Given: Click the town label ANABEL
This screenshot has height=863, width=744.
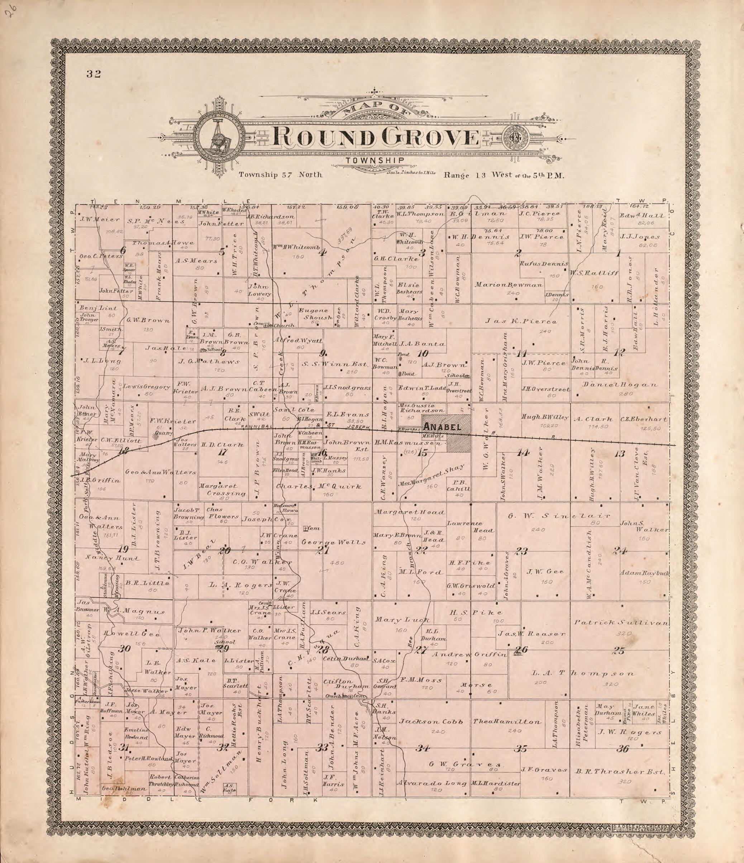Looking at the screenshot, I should point(442,427).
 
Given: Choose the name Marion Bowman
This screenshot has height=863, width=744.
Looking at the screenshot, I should point(509,285).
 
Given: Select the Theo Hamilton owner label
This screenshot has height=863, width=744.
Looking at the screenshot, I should point(507,722).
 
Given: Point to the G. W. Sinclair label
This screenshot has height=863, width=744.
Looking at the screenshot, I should point(558,516).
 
